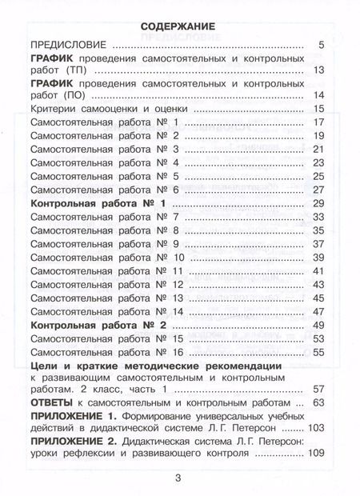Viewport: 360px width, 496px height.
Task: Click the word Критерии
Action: point(53,109)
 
